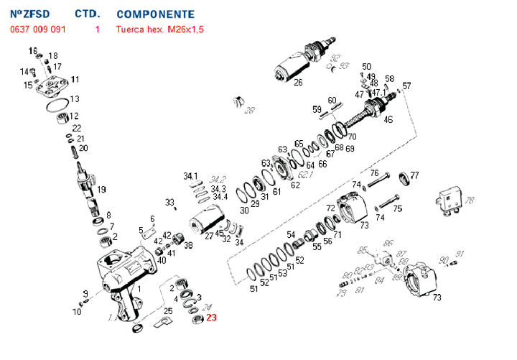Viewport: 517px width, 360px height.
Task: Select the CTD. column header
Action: [88, 14]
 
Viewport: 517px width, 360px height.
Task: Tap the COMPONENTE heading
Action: [155, 14]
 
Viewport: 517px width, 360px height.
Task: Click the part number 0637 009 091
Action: [37, 29]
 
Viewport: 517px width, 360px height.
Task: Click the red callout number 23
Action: [210, 318]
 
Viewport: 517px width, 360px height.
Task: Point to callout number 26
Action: [298, 82]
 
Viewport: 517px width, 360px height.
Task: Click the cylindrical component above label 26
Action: [294, 64]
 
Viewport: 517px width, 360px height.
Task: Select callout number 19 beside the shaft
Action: [101, 190]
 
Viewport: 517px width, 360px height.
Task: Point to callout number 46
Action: [388, 119]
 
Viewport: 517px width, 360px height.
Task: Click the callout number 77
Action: [414, 175]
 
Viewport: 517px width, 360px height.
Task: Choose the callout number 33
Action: [169, 202]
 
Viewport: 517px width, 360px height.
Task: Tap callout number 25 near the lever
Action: [168, 311]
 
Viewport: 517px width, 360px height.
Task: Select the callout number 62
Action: [295, 185]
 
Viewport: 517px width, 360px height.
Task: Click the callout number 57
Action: [406, 86]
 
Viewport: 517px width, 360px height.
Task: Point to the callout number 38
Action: [188, 245]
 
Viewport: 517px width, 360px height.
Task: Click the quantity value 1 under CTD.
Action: [97, 29]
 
